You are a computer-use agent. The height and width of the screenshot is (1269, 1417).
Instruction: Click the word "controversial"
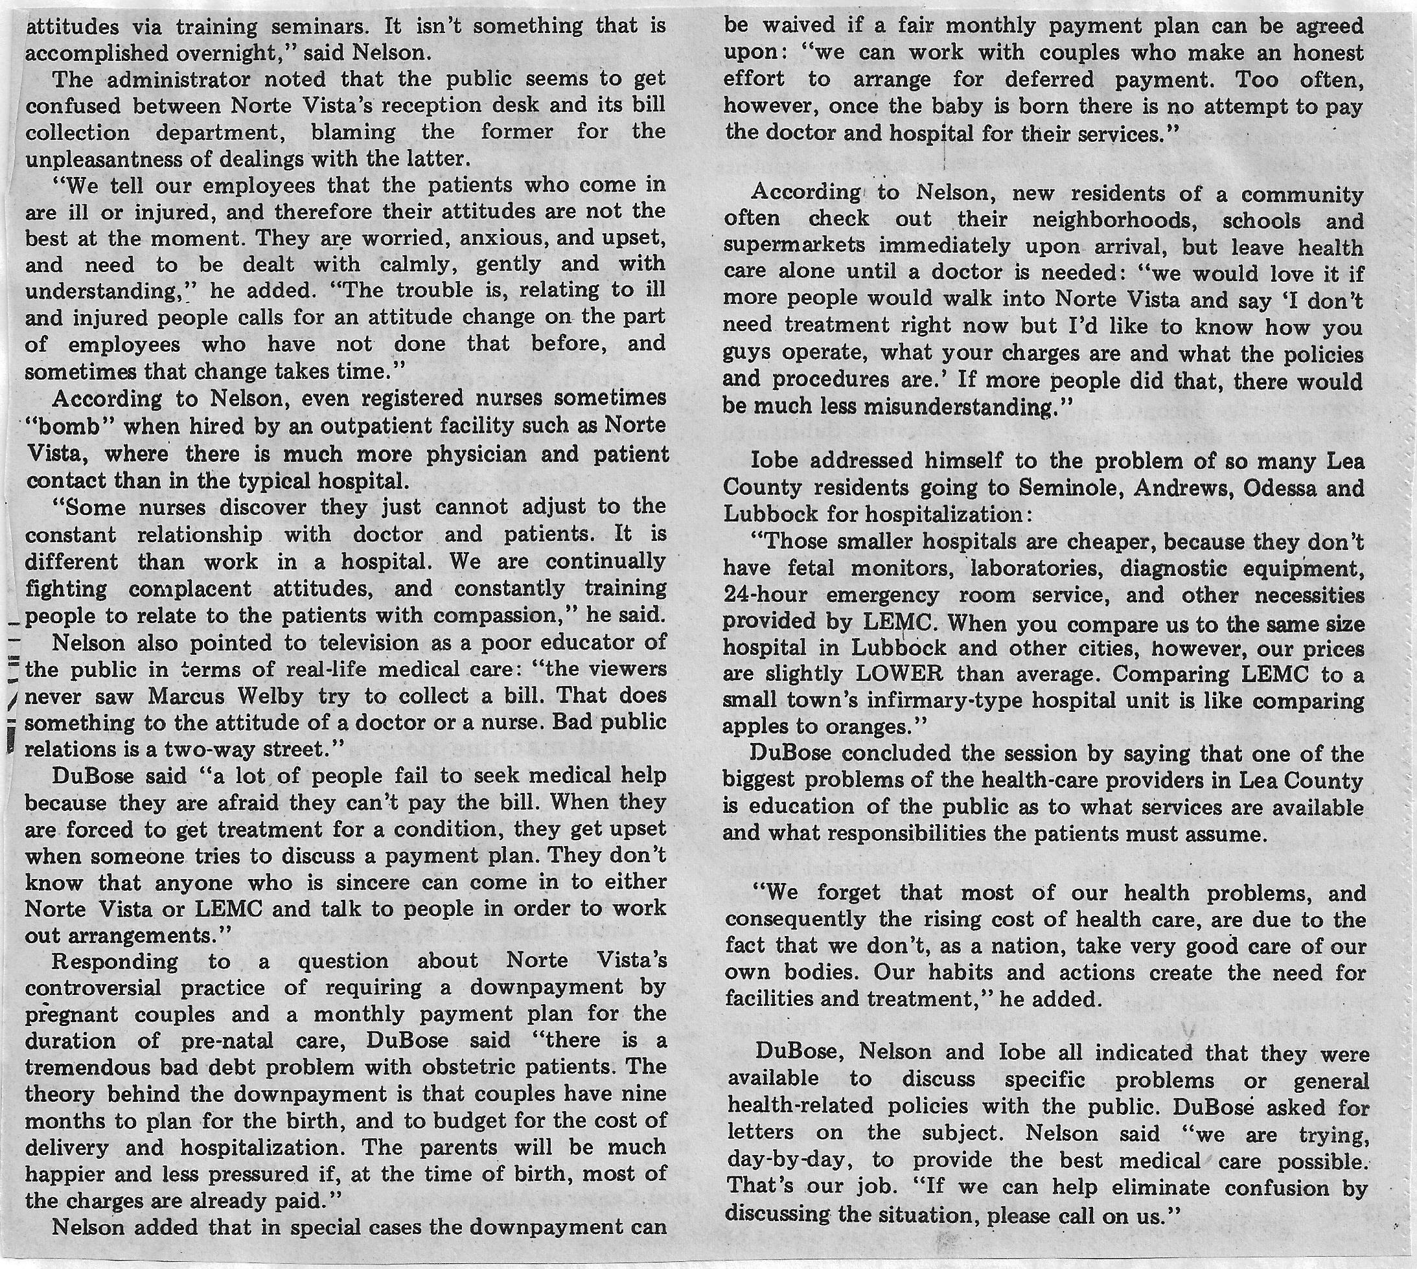pyautogui.click(x=93, y=988)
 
